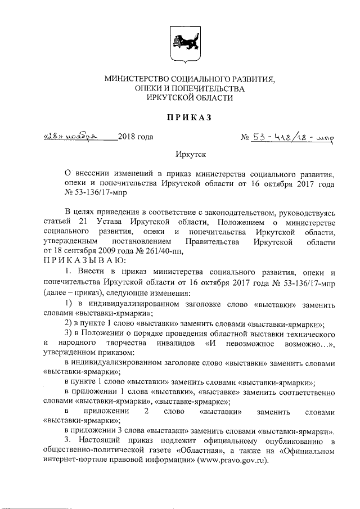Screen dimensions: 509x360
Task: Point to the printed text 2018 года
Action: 136,137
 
